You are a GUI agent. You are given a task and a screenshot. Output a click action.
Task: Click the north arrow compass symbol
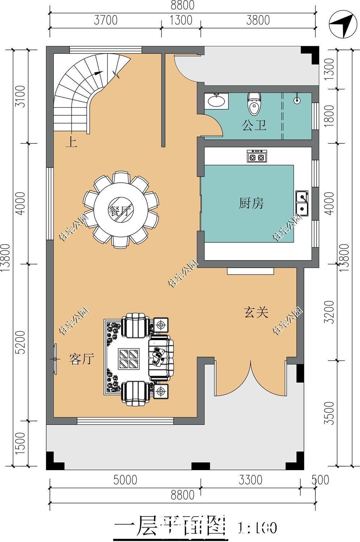pyautogui.click(x=341, y=26)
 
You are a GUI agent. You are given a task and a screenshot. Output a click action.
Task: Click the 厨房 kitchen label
pyautogui.click(x=251, y=203)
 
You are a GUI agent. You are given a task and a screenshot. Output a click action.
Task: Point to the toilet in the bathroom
pyautogui.click(x=254, y=103)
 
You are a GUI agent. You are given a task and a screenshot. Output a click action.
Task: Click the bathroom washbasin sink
pyautogui.click(x=217, y=101)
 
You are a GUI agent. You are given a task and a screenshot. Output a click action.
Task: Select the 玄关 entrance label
pyautogui.click(x=256, y=312)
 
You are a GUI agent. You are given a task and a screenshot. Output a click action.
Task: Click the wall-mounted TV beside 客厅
pyautogui.click(x=55, y=359)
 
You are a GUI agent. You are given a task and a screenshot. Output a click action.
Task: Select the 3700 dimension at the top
pyautogui.click(x=105, y=20)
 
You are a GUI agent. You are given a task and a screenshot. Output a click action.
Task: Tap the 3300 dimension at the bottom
pyautogui.click(x=250, y=480)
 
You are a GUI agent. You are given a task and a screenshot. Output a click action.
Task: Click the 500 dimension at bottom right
pyautogui.click(x=320, y=480)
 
